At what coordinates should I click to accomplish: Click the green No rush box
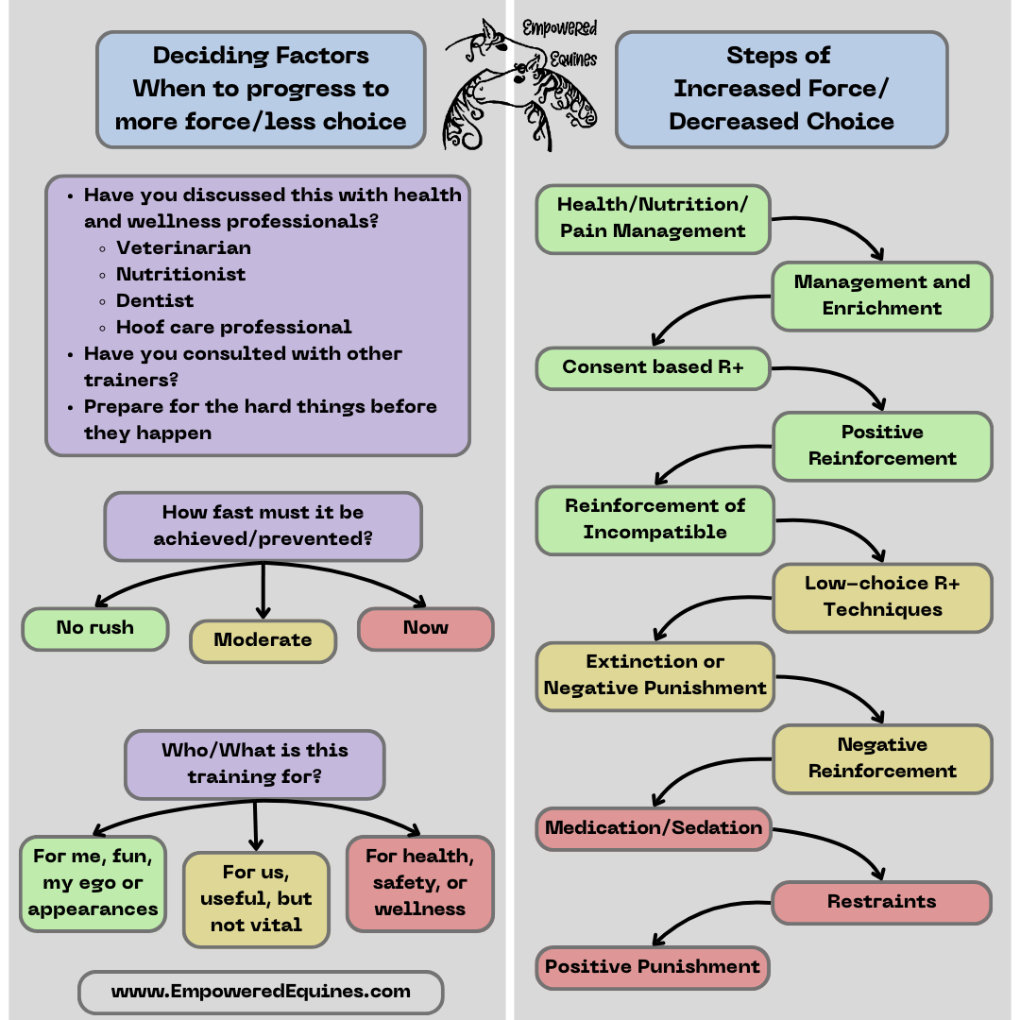pos(94,629)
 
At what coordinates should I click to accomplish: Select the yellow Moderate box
pos(263,640)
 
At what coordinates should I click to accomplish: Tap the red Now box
pos(425,629)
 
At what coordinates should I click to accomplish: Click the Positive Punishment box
pos(653,967)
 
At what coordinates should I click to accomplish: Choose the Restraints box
pos(881,902)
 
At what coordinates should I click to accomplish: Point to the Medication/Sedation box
pos(654,828)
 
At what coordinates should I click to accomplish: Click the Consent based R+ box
pos(653,367)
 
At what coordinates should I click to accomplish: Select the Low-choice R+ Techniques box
pos(882,597)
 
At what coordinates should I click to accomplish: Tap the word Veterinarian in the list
pos(183,248)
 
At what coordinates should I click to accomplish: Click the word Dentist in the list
pos(155,301)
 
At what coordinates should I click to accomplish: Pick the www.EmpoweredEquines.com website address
pos(261,992)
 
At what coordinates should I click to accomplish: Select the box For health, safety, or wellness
pos(420,883)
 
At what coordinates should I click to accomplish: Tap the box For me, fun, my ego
pos(93,883)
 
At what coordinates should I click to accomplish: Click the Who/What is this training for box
pos(254,764)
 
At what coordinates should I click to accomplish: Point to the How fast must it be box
pos(263,526)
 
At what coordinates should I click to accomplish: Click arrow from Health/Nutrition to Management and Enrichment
pos(841,232)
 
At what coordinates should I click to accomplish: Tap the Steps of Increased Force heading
pos(781,89)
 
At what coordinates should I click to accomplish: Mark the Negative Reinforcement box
pos(882,758)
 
